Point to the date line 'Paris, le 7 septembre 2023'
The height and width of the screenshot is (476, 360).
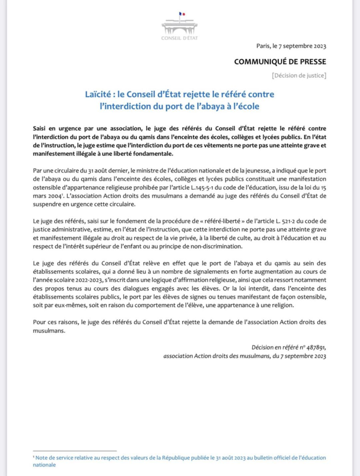[291, 46]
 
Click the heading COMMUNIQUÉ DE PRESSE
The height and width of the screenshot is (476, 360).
[280, 61]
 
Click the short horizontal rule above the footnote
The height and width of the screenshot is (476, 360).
[74, 451]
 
